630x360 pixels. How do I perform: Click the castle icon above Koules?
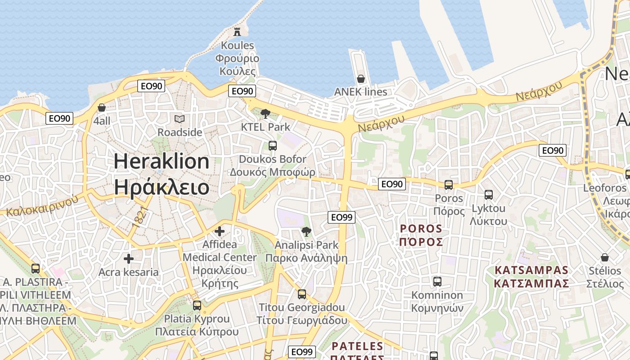click(x=237, y=31)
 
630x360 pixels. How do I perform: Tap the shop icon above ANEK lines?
click(x=360, y=79)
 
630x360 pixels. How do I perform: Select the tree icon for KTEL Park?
click(x=265, y=114)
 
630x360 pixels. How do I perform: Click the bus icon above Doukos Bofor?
click(x=272, y=145)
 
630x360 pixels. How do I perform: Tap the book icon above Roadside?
click(x=180, y=119)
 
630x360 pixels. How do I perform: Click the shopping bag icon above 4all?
click(x=102, y=108)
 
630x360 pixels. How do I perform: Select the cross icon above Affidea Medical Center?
click(x=220, y=231)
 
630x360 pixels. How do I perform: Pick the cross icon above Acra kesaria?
click(x=129, y=259)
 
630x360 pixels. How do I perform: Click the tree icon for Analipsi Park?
click(x=306, y=232)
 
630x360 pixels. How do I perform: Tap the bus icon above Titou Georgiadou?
click(x=302, y=294)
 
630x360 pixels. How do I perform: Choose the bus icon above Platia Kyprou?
click(x=197, y=306)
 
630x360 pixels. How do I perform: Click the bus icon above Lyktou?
click(x=488, y=195)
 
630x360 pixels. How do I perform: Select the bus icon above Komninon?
click(x=437, y=282)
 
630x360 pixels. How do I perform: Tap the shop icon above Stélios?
click(x=605, y=257)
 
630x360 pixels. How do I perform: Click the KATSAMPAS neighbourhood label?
click(x=531, y=277)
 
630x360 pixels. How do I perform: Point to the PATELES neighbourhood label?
click(x=357, y=346)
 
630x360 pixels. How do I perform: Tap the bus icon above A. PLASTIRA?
click(x=36, y=269)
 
